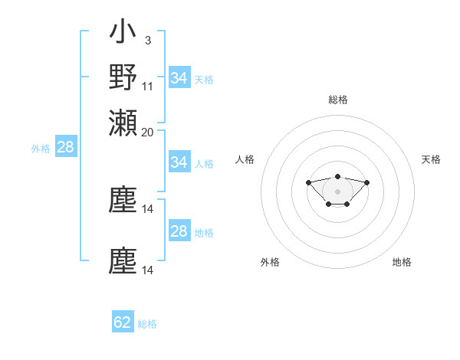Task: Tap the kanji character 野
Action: pyautogui.click(x=123, y=77)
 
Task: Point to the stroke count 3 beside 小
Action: pyautogui.click(x=147, y=40)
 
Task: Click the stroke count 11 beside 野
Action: pyautogui.click(x=148, y=86)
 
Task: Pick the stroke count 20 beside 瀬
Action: pyautogui.click(x=148, y=132)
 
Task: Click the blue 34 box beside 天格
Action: pyautogui.click(x=179, y=78)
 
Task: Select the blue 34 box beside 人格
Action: pyautogui.click(x=179, y=162)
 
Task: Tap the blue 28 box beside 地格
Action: pyautogui.click(x=179, y=231)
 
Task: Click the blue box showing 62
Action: pyautogui.click(x=123, y=323)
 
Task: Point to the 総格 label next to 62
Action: pyautogui.click(x=147, y=324)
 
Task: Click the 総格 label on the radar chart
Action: pyautogui.click(x=337, y=100)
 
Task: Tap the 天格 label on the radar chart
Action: pyautogui.click(x=431, y=159)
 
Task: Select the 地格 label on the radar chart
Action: pyautogui.click(x=402, y=262)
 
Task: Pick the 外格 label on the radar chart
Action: pyautogui.click(x=270, y=262)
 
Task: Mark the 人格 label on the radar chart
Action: pyautogui.click(x=245, y=159)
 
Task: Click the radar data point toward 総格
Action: pyautogui.click(x=337, y=177)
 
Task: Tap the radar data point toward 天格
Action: pyautogui.click(x=366, y=182)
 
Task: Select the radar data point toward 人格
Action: pyautogui.click(x=308, y=182)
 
